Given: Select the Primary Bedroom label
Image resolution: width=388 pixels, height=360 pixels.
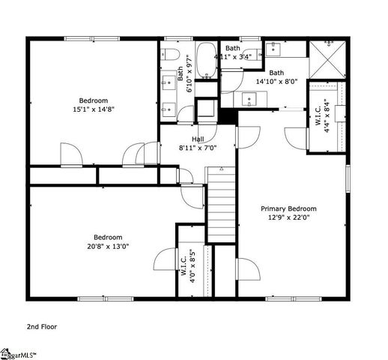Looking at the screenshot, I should (x=288, y=208).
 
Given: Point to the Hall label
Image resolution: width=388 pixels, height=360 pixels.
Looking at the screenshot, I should (x=198, y=139).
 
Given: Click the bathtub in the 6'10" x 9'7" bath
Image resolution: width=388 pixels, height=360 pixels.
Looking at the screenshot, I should (x=206, y=61).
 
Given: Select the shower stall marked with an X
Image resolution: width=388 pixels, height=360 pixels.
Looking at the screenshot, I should (x=328, y=58).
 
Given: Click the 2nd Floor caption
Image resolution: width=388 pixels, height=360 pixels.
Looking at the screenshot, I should (x=42, y=326).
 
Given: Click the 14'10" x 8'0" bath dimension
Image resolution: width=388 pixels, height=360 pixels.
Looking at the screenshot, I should (x=276, y=82).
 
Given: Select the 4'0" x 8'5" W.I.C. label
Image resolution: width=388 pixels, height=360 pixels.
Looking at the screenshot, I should (x=187, y=264).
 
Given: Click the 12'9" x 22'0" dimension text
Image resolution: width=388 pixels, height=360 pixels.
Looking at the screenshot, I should (x=288, y=218).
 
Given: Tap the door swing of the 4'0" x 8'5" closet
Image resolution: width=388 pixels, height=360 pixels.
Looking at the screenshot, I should (x=165, y=259).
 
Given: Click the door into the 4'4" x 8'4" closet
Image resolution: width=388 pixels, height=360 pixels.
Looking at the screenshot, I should (x=315, y=139).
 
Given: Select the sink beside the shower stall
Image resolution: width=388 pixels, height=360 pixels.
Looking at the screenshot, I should (x=273, y=49).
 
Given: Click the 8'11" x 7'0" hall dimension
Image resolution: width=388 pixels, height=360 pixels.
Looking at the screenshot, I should (x=198, y=148).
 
